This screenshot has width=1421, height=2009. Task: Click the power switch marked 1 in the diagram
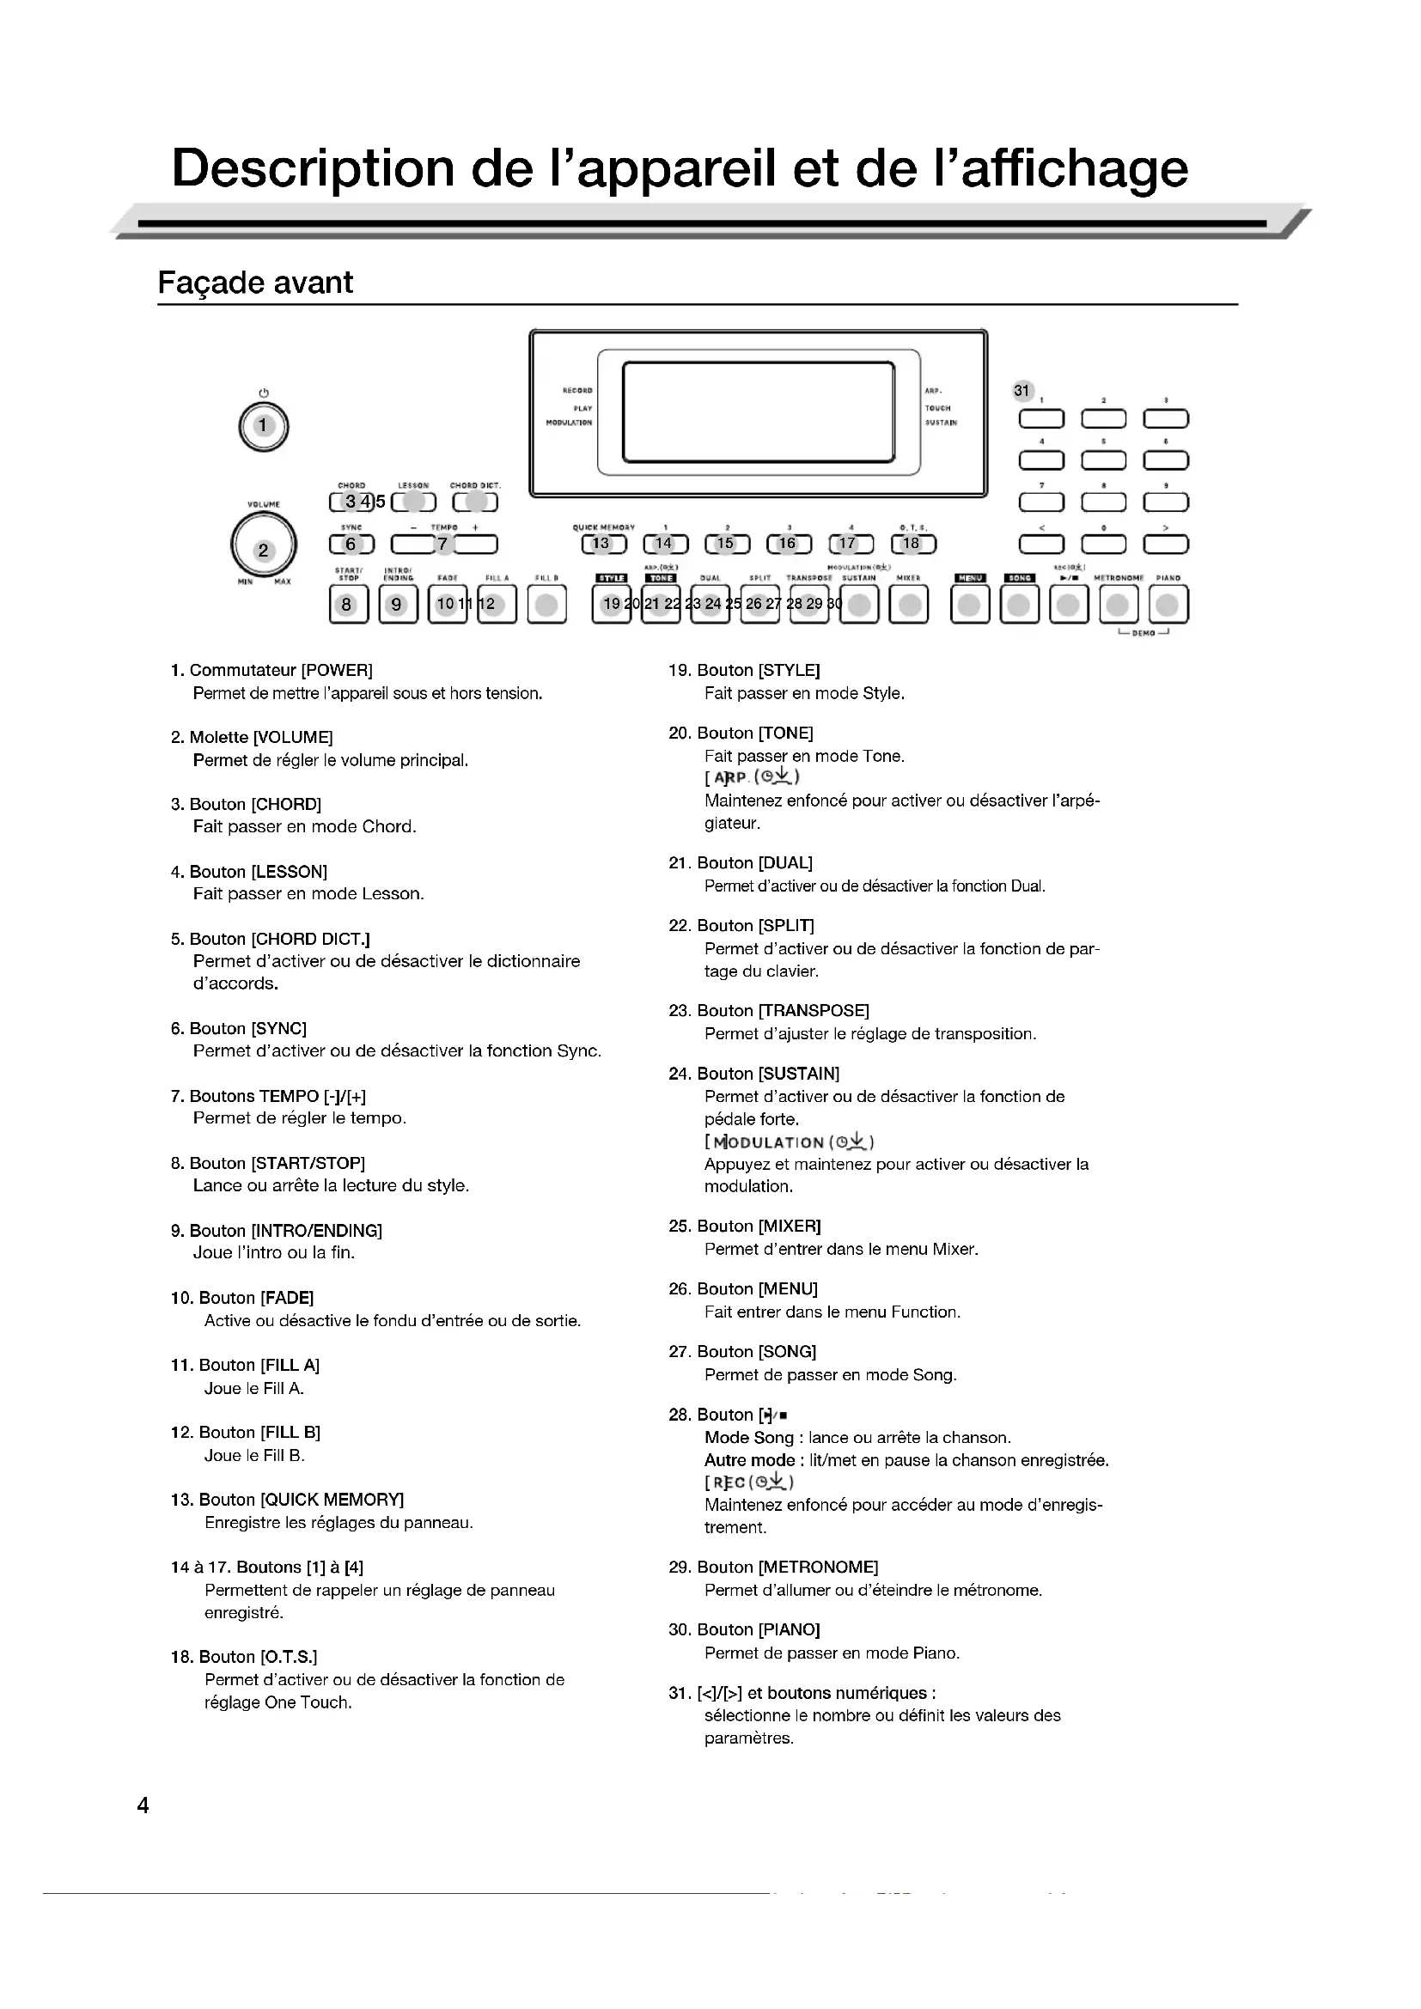pos(264,426)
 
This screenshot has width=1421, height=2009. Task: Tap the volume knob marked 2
pos(264,549)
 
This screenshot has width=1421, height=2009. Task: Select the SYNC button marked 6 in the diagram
pos(351,545)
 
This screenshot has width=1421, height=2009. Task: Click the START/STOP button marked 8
pos(348,604)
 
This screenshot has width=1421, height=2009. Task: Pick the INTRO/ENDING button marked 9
pos(397,604)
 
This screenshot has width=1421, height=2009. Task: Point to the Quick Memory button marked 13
pos(603,545)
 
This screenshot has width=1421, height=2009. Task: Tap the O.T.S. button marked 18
pos(912,545)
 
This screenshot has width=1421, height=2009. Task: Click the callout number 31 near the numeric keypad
pos(1022,391)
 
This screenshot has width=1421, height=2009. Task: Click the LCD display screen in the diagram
pos(758,412)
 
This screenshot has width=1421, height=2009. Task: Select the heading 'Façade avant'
pos(254,283)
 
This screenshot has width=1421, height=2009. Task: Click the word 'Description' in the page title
pos(313,168)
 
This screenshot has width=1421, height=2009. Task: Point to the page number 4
pos(143,1805)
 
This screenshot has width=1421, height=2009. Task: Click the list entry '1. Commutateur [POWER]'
pos(271,670)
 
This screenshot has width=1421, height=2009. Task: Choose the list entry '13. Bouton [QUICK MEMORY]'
pos(287,1500)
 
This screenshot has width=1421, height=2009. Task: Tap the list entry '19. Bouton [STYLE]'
pos(744,670)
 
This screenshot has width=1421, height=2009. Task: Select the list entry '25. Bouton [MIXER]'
pos(745,1226)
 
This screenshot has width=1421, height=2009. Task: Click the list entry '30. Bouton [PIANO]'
pos(744,1629)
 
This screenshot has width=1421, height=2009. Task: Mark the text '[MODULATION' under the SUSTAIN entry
pos(766,1141)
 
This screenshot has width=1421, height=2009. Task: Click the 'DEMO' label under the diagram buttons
pos(1143,633)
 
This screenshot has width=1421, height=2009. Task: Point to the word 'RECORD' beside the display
pos(577,390)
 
